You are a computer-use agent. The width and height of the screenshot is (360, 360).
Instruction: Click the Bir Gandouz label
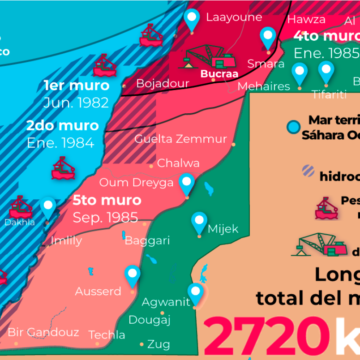coord(43,331)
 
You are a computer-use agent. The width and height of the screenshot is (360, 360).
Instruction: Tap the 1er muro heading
coord(76,86)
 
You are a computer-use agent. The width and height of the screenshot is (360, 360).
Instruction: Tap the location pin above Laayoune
coord(192,15)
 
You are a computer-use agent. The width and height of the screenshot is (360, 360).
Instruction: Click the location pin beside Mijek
coord(200,220)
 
